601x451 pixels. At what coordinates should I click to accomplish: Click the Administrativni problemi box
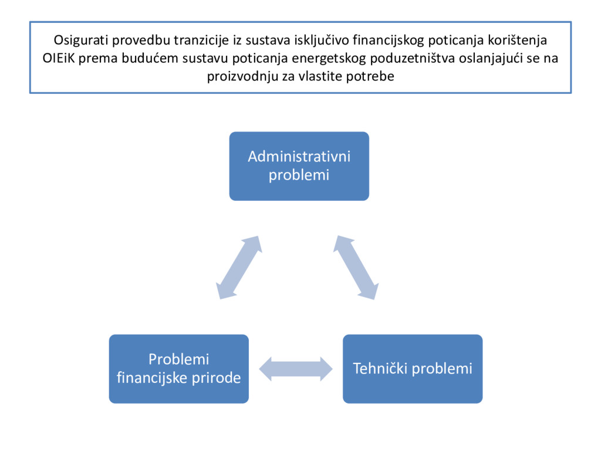[299, 166]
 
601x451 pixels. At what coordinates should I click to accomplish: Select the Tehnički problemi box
[413, 369]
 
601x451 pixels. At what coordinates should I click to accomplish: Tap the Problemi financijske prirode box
[178, 369]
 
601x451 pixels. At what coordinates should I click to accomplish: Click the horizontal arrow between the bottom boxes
[296, 369]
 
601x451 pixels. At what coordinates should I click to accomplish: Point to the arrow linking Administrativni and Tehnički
[356, 267]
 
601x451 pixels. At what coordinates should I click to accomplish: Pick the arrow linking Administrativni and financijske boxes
[239, 267]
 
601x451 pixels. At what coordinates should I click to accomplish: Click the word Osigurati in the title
[82, 41]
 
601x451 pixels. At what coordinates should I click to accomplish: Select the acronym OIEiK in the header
[59, 59]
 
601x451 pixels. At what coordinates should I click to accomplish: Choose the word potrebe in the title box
[374, 76]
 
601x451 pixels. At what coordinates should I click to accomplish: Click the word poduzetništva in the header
[411, 59]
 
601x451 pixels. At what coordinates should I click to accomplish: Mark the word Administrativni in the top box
[299, 157]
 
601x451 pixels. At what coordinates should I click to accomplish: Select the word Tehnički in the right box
[379, 369]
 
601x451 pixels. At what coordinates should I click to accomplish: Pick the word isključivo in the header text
[322, 41]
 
